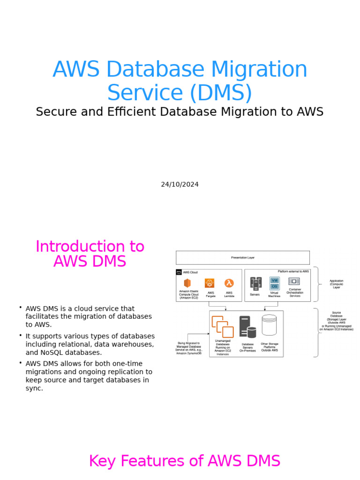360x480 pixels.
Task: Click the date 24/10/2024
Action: tap(180, 184)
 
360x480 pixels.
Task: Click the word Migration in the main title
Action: tap(260, 70)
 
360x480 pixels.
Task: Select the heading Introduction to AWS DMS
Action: tap(90, 254)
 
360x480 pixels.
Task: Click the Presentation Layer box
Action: tap(242, 257)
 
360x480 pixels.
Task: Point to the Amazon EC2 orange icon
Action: tap(187, 283)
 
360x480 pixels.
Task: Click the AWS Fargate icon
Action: tap(210, 283)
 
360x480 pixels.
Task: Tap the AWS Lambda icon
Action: tap(229, 283)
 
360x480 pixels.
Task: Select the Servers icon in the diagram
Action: tap(255, 284)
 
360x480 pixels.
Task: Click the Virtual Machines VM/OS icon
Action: tap(274, 283)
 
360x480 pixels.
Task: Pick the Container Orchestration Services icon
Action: tap(294, 281)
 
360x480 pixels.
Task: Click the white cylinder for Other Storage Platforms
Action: tap(269, 325)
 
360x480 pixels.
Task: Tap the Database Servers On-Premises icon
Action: tap(247, 327)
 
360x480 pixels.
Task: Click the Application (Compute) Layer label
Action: tap(336, 284)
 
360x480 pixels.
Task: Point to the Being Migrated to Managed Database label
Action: tap(189, 348)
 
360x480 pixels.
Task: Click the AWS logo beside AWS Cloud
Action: tap(179, 272)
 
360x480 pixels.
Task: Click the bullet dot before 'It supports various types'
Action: tap(21, 335)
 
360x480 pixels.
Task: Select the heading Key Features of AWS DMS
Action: tap(184, 461)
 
